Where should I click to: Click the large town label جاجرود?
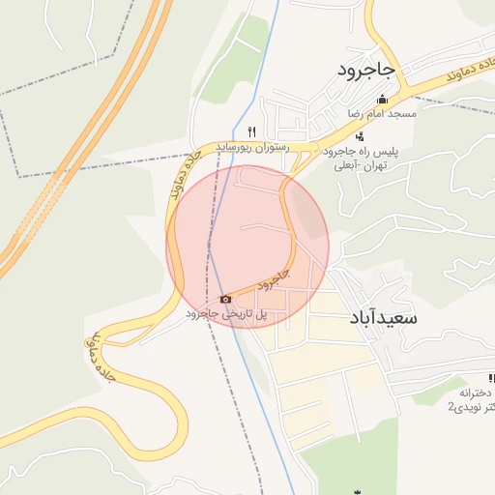click(367, 70)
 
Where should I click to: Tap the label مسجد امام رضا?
click(383, 113)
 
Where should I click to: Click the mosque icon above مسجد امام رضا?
click(382, 99)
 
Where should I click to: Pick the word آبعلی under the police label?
click(345, 166)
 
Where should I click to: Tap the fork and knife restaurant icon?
click(251, 131)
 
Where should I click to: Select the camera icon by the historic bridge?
click(226, 299)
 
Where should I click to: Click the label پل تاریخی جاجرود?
click(232, 314)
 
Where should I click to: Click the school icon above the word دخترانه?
click(491, 378)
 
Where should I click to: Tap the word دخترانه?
click(478, 393)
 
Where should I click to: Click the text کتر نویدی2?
click(471, 408)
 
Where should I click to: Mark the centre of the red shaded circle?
click(248, 246)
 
